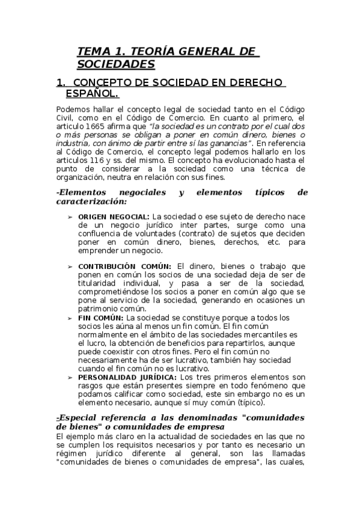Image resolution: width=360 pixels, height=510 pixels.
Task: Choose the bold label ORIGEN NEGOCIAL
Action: tap(114, 217)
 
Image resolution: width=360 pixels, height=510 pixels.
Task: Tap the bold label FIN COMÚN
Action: tap(101, 318)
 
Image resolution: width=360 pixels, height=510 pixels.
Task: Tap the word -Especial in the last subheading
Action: tap(77, 418)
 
